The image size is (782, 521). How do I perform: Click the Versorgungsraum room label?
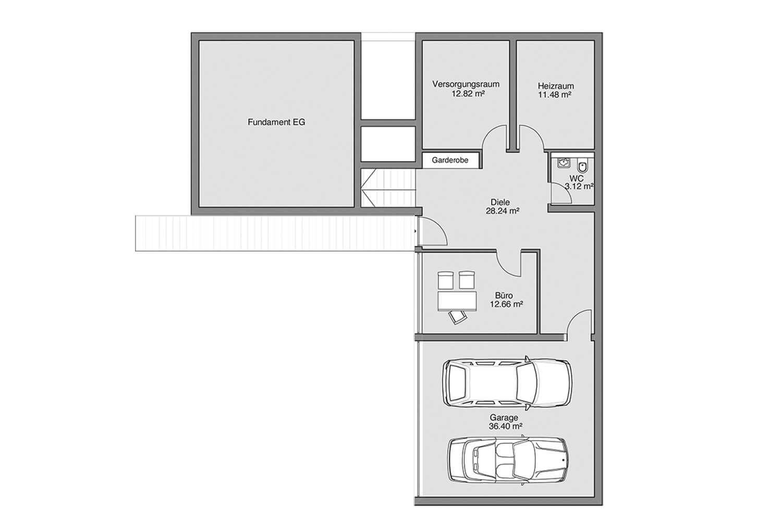(466, 84)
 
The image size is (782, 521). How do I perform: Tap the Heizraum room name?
(556, 86)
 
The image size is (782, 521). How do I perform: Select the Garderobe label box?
(450, 160)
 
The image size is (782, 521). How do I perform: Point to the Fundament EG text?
(276, 122)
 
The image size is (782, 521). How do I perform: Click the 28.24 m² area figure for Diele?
(503, 211)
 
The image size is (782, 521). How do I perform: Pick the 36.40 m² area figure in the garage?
(506, 426)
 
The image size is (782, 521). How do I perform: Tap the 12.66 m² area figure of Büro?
(506, 304)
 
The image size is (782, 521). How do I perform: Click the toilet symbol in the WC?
(583, 165)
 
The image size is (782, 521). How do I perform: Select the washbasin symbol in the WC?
(564, 162)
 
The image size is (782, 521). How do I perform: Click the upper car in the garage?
(507, 383)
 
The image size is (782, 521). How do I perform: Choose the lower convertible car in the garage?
(508, 460)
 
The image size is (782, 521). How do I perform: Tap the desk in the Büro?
(457, 301)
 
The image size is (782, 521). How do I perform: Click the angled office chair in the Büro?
(457, 317)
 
